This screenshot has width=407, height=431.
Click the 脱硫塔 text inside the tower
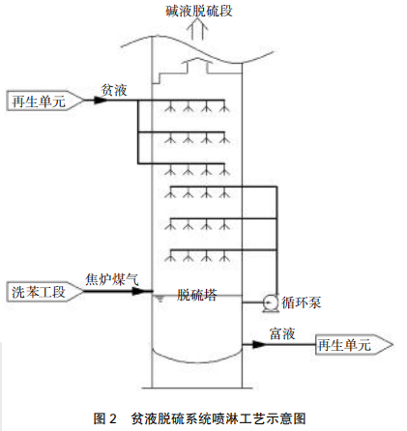pos(197,292)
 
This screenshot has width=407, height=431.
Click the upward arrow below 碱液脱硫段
pos(201,30)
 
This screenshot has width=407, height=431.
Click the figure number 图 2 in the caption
pos(104,418)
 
